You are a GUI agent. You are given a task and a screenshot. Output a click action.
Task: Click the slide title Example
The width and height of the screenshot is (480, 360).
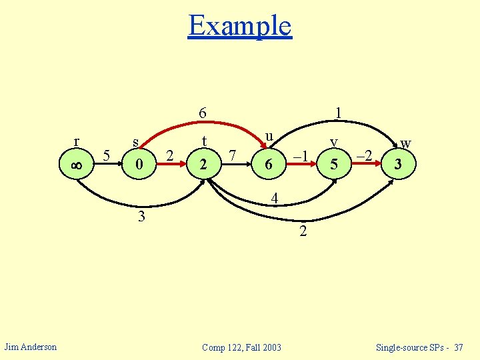tap(240, 25)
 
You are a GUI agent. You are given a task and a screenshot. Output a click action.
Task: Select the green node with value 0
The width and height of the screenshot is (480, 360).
tap(138, 164)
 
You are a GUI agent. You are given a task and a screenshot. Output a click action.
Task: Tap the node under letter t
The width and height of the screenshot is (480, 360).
tap(203, 164)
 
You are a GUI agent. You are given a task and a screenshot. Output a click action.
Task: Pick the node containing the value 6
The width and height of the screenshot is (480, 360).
tap(268, 164)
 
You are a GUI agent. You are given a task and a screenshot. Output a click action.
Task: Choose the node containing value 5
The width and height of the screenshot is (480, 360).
tap(337, 164)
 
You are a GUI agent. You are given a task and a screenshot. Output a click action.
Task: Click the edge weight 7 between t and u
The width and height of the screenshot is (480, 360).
tap(232, 156)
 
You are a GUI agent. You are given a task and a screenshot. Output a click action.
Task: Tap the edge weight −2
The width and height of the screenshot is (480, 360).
tap(364, 156)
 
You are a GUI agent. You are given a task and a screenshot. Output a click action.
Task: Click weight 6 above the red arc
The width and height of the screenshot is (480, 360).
tap(203, 114)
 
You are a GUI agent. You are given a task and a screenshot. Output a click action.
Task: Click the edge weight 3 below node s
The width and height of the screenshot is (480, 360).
tap(141, 216)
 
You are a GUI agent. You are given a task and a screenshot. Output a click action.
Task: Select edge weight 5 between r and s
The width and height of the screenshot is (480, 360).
tap(107, 156)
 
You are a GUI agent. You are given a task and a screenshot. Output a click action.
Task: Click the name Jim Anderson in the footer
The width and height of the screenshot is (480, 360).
tap(31, 347)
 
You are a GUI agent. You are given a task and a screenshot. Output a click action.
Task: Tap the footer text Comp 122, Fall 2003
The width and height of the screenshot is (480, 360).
tap(241, 347)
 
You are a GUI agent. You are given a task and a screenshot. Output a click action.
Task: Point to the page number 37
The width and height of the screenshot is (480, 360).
tap(457, 347)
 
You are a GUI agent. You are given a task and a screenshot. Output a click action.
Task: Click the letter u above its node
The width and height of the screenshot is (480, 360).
tap(269, 135)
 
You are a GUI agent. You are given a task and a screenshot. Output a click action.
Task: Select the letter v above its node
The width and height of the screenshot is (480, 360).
tap(336, 141)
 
